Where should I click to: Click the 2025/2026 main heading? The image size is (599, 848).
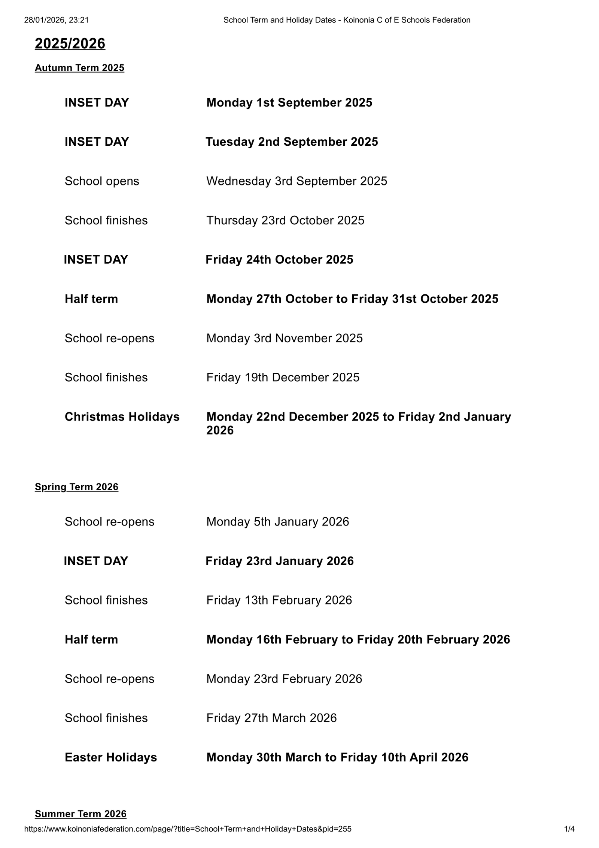(70, 44)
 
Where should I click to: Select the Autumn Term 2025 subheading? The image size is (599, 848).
(79, 68)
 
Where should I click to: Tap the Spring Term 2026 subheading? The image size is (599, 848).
(76, 487)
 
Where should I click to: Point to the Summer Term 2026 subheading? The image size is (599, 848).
(80, 814)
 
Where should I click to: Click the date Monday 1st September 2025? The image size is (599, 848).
(289, 103)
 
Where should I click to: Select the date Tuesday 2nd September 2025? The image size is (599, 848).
(292, 142)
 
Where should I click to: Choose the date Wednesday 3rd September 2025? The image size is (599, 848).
(297, 181)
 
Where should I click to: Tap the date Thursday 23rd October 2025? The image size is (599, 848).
(285, 221)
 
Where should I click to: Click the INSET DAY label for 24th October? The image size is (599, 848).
(96, 260)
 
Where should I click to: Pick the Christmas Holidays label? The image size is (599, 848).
(122, 417)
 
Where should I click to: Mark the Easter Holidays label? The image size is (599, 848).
(111, 757)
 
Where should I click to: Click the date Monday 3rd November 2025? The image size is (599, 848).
(284, 338)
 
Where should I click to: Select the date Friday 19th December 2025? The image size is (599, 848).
(283, 378)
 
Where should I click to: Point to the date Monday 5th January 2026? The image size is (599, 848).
(277, 522)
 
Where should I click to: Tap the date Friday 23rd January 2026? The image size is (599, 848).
(279, 561)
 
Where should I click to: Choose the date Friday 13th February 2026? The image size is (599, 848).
(279, 600)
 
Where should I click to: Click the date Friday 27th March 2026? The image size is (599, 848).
(271, 718)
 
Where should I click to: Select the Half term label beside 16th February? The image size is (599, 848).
(91, 640)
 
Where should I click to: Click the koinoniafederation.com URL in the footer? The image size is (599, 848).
(188, 829)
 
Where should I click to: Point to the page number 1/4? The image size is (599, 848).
(569, 829)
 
